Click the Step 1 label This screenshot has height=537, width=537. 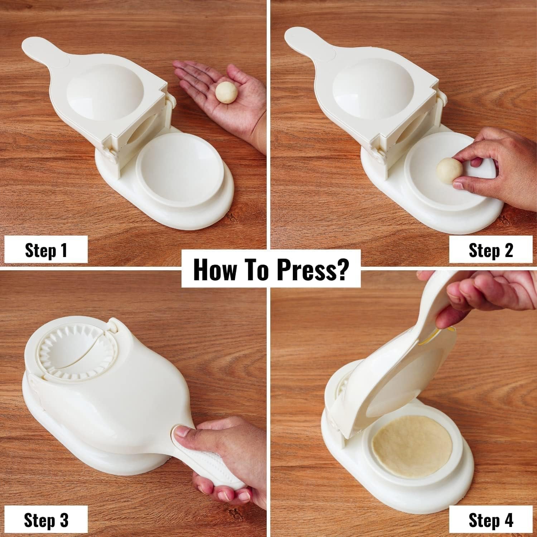pyautogui.click(x=46, y=250)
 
